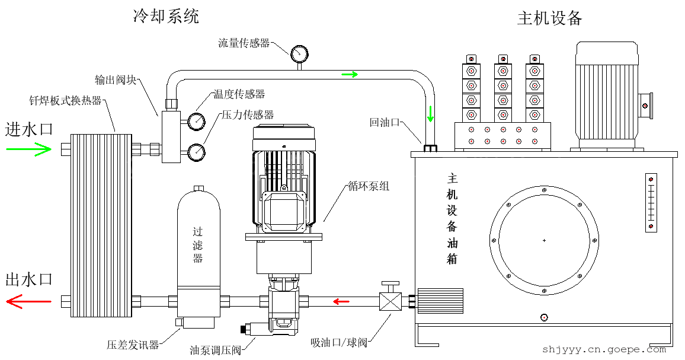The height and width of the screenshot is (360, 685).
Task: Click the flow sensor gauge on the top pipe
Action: point(299,54)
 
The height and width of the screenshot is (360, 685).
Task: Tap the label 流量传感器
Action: point(244,43)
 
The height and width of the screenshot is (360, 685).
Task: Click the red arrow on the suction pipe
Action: point(341,301)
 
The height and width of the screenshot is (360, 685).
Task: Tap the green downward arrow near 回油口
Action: point(430,113)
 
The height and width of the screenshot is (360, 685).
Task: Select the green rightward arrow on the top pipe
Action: point(350,74)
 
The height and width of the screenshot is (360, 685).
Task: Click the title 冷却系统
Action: point(166,17)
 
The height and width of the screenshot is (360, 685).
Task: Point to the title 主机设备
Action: point(550,18)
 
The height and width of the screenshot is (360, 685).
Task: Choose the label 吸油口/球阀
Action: point(339,343)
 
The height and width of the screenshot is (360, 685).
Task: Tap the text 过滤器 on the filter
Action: point(198,244)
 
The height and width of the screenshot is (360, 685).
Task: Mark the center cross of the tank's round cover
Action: point(544,240)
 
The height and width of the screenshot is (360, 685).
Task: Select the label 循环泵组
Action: point(369,186)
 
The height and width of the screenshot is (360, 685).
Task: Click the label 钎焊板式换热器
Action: point(66,100)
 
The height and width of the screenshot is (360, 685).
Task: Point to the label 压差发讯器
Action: point(133,345)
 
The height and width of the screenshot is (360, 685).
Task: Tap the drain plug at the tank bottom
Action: point(544,317)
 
